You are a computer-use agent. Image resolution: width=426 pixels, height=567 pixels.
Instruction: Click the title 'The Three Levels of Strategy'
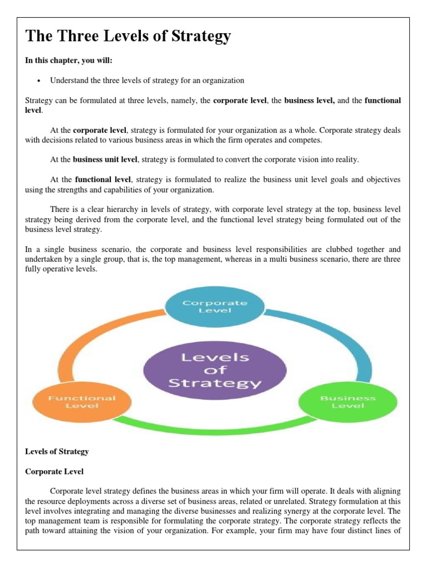(x=128, y=37)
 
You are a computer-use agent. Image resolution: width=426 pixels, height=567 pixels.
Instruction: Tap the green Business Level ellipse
(x=348, y=401)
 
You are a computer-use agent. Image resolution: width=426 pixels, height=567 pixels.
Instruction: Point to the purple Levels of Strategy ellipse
(x=215, y=370)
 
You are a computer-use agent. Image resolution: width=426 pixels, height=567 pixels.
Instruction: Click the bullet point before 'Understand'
(x=39, y=81)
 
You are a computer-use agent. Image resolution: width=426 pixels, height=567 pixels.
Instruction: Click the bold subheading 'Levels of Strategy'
(x=57, y=451)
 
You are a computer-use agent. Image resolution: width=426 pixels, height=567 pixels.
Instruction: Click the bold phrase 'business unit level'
(x=105, y=159)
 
